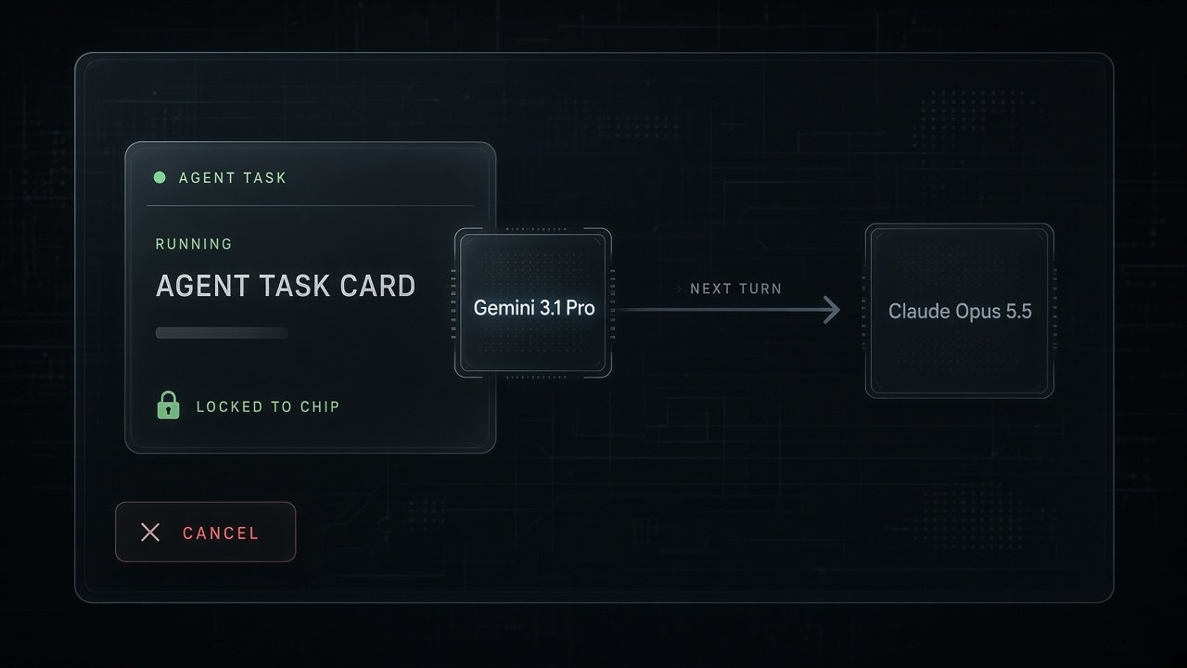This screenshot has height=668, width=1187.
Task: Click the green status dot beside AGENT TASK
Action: pyautogui.click(x=160, y=177)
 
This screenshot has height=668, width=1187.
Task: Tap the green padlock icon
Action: pyautogui.click(x=169, y=405)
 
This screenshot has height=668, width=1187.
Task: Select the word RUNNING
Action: pyautogui.click(x=194, y=244)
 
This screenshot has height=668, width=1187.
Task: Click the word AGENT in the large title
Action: pyautogui.click(x=202, y=286)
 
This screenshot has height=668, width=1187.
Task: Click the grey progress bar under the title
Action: pyautogui.click(x=222, y=333)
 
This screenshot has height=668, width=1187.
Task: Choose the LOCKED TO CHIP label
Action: pyautogui.click(x=268, y=406)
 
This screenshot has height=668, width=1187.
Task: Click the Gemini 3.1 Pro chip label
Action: pyautogui.click(x=534, y=308)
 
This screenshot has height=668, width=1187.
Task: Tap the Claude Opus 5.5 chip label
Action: pyautogui.click(x=960, y=311)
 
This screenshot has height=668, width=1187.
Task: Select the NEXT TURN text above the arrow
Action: pyautogui.click(x=736, y=289)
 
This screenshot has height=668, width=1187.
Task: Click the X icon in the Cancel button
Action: pyautogui.click(x=150, y=533)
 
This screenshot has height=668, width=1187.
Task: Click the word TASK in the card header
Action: pyautogui.click(x=264, y=177)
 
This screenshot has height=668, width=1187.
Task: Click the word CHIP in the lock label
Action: pyautogui.click(x=320, y=406)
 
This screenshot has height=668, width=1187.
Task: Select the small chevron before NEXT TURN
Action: pyautogui.click(x=680, y=289)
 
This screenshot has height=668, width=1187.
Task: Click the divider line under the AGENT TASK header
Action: pyautogui.click(x=310, y=205)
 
